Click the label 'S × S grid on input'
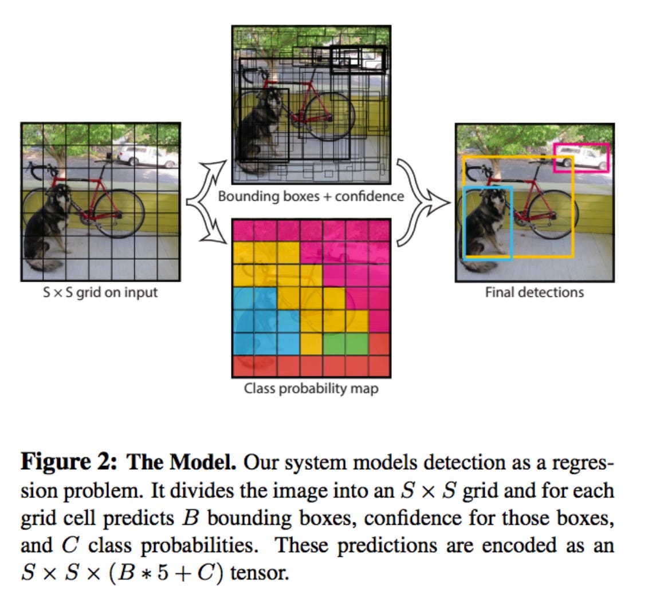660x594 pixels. tap(100, 292)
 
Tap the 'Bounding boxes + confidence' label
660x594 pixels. tap(311, 196)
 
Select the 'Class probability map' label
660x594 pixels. tap(311, 389)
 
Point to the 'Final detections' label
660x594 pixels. tap(534, 292)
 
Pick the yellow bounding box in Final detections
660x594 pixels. tap(572, 206)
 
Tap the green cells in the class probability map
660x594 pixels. tap(345, 343)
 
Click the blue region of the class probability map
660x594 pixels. tap(255, 320)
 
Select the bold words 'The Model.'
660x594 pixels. tap(181, 462)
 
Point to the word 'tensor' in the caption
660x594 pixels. tap(258, 572)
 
